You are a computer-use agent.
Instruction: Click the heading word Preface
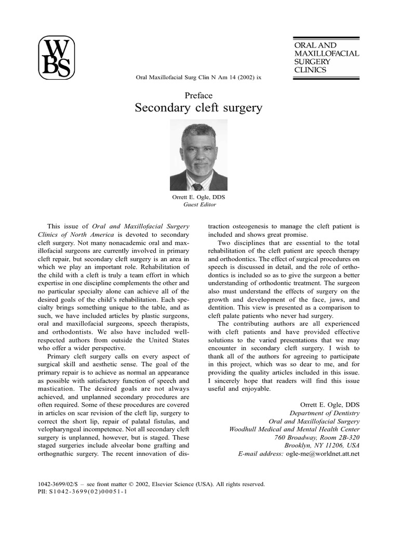198,95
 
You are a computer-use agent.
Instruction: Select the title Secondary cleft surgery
198,108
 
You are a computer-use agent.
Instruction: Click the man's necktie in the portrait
198,186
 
